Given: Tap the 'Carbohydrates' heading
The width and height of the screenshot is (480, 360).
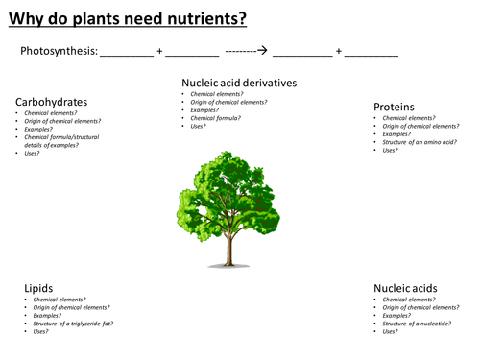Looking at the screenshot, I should coord(52,101).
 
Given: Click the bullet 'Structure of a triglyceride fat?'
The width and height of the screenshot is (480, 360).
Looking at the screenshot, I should coord(73,324).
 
